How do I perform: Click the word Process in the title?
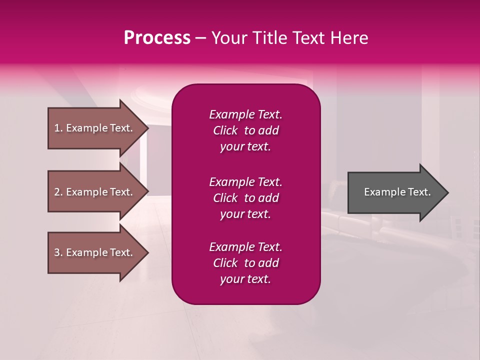tap(157, 38)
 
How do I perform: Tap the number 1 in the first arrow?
tap(57, 128)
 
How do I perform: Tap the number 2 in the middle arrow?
tap(57, 192)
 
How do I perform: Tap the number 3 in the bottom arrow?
tap(57, 252)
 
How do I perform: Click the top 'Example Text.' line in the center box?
tap(245, 114)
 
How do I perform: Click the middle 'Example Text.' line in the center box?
tap(245, 182)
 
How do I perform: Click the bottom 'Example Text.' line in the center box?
tap(245, 247)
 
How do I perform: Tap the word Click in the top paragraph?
tap(225, 130)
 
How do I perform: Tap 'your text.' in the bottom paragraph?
tap(245, 279)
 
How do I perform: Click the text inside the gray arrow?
tap(397, 192)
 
